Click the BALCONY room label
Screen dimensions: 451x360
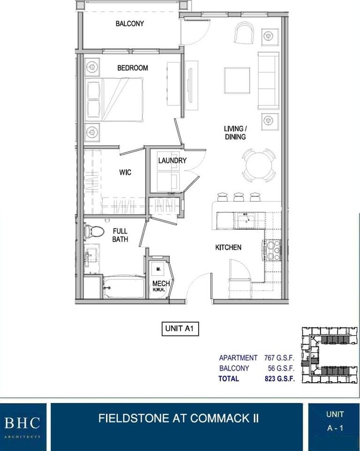[x=130, y=23]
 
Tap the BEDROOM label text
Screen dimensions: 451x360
[x=132, y=68]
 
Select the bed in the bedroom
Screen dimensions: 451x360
[x=115, y=99]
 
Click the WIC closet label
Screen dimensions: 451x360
[x=125, y=172]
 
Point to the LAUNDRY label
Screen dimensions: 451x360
[x=172, y=161]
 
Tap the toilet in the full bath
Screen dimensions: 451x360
[x=95, y=231]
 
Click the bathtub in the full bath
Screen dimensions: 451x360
[x=124, y=287]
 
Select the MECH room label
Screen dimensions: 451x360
[x=158, y=284]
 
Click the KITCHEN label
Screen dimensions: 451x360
[x=228, y=247]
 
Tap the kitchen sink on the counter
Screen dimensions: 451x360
[x=245, y=220]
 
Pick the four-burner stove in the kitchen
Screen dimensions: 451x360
[x=273, y=250]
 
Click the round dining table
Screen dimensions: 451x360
[x=259, y=165]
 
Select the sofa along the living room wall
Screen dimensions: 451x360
[x=268, y=80]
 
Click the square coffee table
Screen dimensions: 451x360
[x=237, y=80]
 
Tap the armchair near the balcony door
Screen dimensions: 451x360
[x=244, y=33]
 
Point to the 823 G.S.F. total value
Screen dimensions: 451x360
[x=279, y=379]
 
